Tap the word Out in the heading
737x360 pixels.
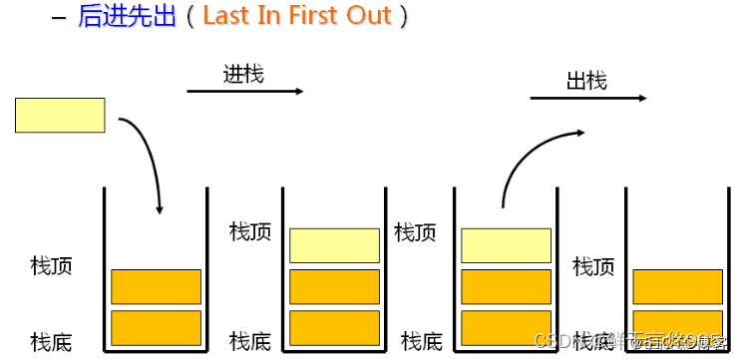tap(370, 18)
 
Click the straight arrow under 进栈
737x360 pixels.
tap(244, 92)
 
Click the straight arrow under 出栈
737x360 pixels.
tap(587, 99)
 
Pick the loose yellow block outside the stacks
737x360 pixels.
tap(60, 115)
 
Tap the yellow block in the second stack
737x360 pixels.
tap(334, 245)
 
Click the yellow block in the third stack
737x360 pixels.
tap(506, 245)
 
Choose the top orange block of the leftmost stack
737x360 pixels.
tap(156, 286)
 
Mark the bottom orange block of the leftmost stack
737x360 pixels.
tap(156, 327)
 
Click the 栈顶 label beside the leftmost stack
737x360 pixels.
tap(52, 266)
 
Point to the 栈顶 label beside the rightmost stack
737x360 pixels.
tap(593, 266)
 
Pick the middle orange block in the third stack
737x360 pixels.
tap(506, 286)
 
